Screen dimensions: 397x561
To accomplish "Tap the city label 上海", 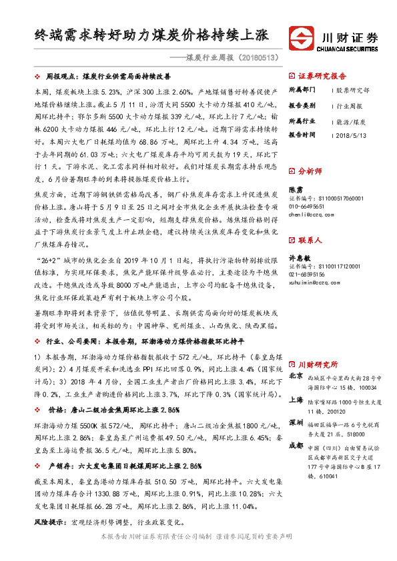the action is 296,400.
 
